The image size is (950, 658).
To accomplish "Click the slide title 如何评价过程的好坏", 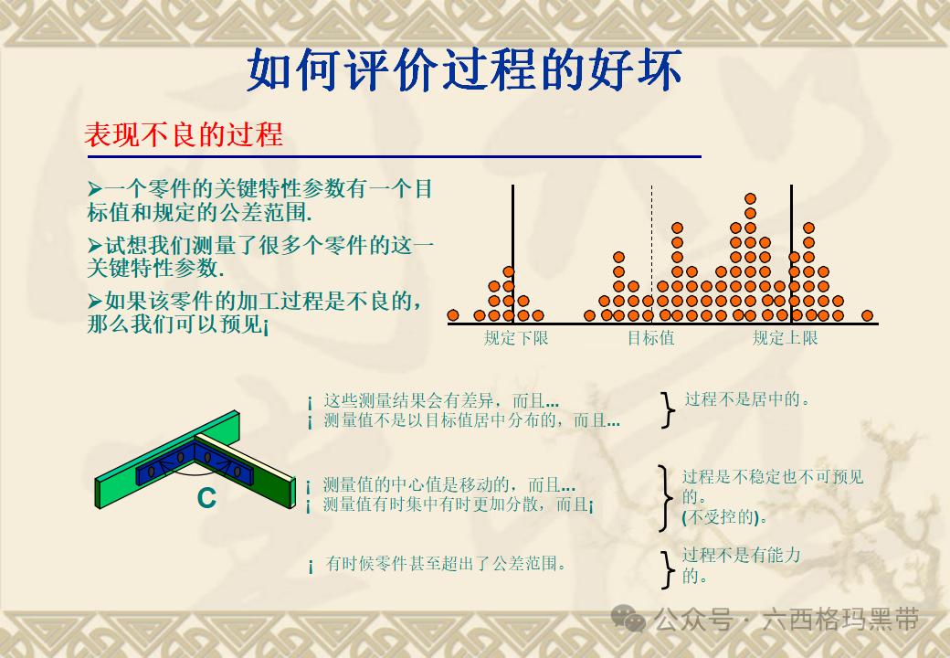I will [464, 71].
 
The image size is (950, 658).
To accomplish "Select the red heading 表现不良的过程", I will [184, 135].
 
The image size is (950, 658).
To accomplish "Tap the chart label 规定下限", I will [516, 338].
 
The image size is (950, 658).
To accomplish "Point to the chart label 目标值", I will [650, 338].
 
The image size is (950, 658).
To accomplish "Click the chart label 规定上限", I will [785, 338].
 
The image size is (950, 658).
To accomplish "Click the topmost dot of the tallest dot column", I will [750, 198].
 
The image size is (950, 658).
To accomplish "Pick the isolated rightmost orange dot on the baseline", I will [867, 315].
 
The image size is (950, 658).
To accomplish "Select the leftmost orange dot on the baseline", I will [453, 315].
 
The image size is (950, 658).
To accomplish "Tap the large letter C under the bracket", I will [206, 499].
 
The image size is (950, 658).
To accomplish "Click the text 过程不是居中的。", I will [748, 399].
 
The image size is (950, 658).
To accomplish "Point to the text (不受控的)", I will [724, 517].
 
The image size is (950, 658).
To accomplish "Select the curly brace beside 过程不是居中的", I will [669, 410].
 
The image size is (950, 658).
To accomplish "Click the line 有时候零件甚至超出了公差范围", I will [446, 565].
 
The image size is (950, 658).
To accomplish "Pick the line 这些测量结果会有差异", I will [441, 401].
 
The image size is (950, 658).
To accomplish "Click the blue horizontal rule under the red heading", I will [393, 157].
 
